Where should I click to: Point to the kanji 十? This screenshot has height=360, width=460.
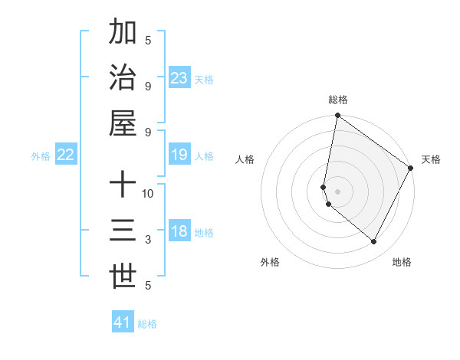point(123,185)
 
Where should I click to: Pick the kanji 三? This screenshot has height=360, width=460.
point(123,231)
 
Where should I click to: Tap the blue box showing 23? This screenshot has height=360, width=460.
point(179,78)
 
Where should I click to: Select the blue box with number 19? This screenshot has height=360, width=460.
point(179,155)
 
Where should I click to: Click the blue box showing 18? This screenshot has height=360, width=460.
point(179,231)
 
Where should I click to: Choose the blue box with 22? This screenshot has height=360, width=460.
point(66,155)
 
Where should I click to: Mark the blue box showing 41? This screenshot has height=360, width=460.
point(123,322)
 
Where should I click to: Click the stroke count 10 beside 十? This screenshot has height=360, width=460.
point(148,193)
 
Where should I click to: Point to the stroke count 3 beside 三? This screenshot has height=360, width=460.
point(148,240)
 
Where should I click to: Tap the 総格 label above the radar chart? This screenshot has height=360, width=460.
point(338,100)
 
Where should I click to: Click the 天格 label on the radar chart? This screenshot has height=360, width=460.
point(431,159)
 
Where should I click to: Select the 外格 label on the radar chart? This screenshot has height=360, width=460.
point(270,262)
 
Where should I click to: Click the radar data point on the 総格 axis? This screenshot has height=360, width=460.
point(337,116)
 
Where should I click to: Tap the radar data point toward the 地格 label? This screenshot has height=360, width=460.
point(373,242)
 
